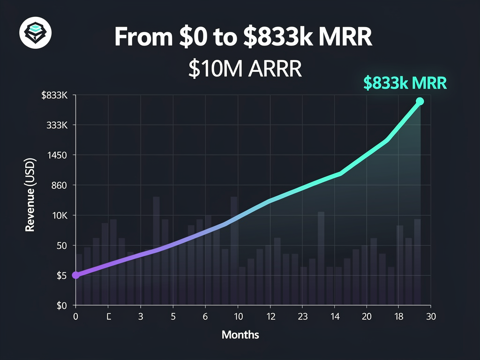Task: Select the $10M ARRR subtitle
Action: click(244, 68)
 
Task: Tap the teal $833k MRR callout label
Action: click(405, 82)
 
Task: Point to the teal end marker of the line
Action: click(420, 101)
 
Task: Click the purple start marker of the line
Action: click(75, 275)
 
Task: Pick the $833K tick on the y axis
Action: click(55, 95)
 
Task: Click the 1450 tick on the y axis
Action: click(58, 155)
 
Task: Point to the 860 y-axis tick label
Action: click(60, 185)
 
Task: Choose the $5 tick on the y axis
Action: click(61, 275)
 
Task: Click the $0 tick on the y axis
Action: click(61, 305)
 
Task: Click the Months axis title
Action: click(240, 335)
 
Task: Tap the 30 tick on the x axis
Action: click(431, 316)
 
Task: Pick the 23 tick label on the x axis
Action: click(303, 316)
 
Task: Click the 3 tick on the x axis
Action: click(140, 316)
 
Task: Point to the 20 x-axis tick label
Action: click(367, 316)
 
